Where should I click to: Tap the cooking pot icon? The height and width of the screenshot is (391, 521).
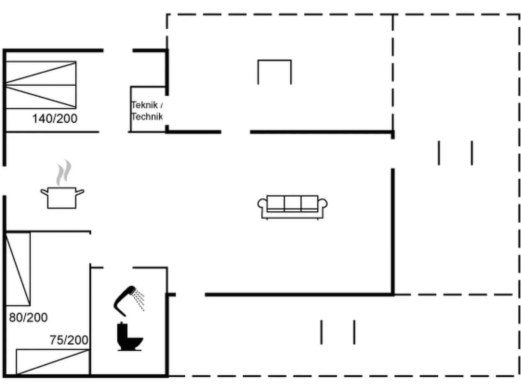62,198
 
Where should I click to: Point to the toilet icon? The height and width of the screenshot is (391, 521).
129,336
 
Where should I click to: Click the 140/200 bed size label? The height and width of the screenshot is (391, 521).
55,118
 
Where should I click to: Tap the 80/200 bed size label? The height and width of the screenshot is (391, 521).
28,317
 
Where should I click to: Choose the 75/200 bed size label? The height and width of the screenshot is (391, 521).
69,340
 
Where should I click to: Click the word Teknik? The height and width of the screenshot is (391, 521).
144,105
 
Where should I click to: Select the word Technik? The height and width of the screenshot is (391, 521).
147,116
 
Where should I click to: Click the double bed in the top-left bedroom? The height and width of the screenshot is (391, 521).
41,85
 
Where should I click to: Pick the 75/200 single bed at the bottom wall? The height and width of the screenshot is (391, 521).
53,362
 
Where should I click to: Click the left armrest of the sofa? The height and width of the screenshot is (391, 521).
262,204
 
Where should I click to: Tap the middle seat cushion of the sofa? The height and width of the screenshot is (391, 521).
292,203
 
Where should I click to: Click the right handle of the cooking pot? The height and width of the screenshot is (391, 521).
80,192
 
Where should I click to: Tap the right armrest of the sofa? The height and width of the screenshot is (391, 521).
323,204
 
